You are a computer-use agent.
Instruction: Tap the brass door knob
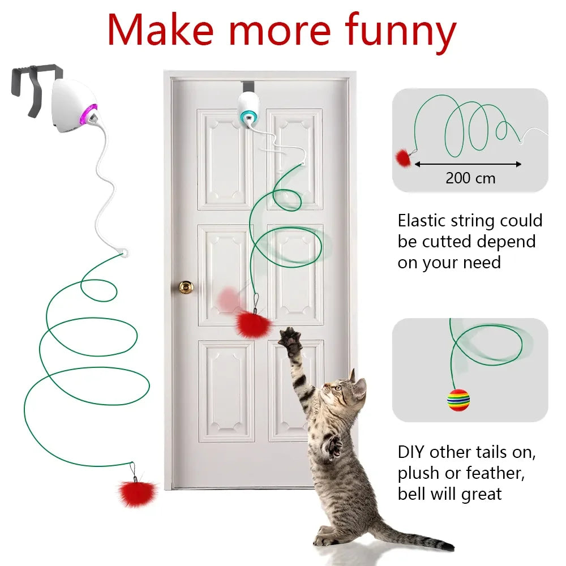(x=186, y=287)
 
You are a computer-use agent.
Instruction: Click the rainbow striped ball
(x=458, y=400)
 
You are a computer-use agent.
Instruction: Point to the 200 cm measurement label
(x=470, y=178)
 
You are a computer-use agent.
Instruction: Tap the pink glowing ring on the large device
(x=91, y=114)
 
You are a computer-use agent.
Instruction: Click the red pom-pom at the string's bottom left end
(x=135, y=492)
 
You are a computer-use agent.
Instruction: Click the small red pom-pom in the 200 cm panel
(x=402, y=156)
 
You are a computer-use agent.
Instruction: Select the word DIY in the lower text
(x=411, y=453)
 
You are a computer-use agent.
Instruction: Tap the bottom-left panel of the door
(x=226, y=391)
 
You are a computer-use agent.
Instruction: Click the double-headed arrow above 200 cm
(x=468, y=164)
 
